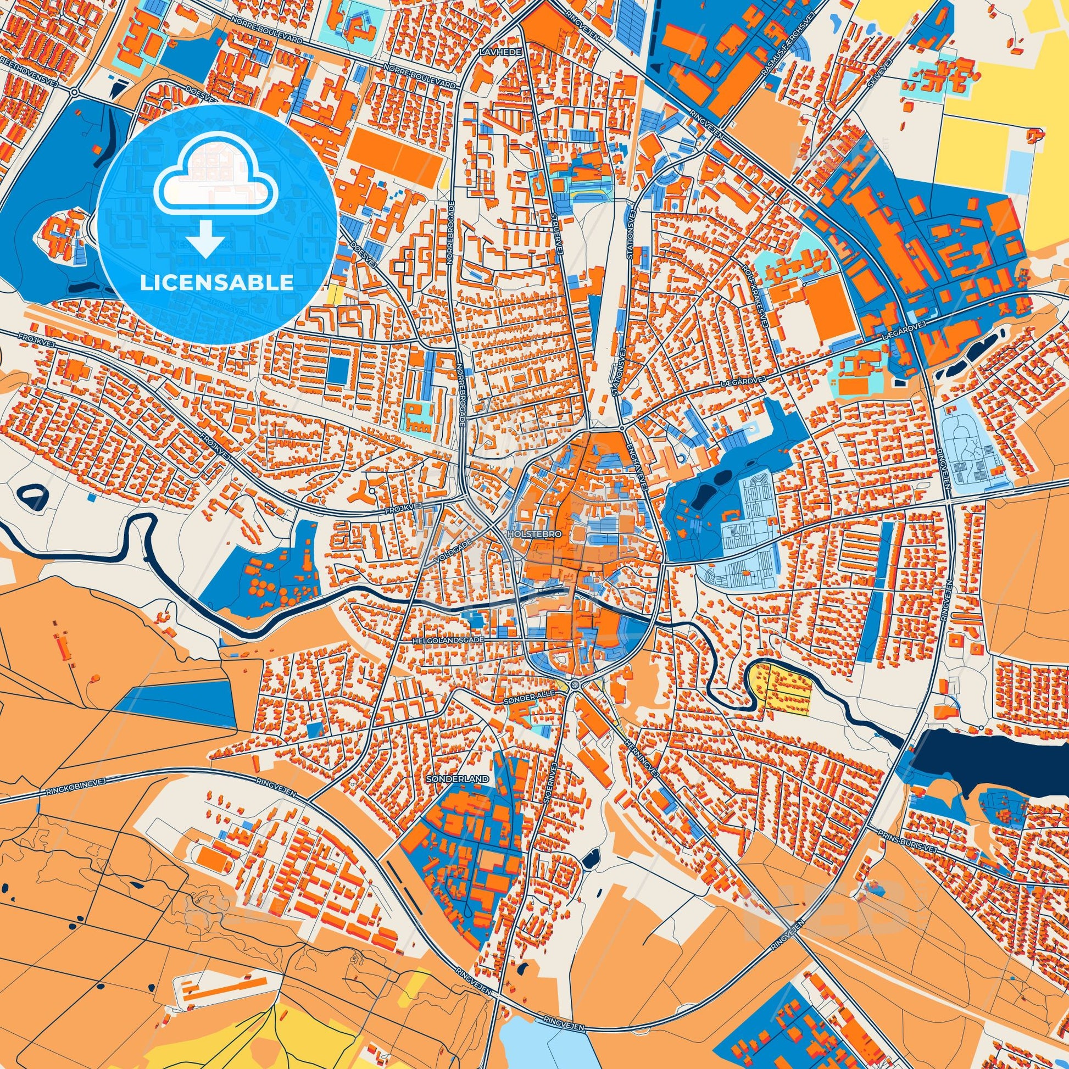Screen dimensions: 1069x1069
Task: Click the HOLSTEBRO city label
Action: pos(534,534)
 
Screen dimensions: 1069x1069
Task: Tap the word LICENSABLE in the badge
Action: pos(216,283)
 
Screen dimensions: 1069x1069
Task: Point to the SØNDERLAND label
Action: pos(458,779)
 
